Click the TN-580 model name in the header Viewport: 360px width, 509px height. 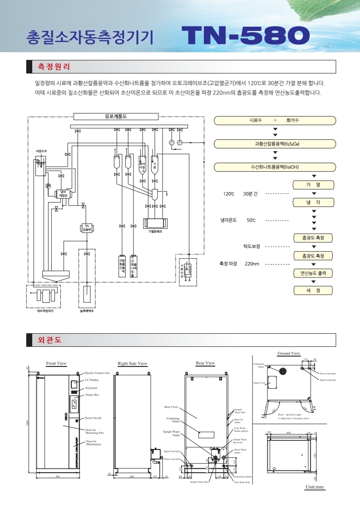point(245,35)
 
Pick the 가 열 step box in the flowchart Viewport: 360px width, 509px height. point(313,185)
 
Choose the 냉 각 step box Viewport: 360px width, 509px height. point(313,203)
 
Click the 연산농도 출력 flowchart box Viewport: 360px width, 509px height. point(313,273)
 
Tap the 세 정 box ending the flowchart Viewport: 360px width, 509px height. point(313,290)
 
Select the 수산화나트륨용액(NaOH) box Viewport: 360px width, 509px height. point(275,167)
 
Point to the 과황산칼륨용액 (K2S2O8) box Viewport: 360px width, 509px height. point(275,143)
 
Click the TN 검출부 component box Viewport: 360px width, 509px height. point(86,227)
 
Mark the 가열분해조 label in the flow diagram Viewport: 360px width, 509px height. point(155,231)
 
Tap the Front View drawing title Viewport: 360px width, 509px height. point(56,363)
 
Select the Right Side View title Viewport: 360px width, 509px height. point(133,363)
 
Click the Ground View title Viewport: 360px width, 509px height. point(289,353)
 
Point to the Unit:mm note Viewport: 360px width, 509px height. point(315,487)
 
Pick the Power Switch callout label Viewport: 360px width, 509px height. point(94,418)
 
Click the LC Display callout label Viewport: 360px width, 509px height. point(92,380)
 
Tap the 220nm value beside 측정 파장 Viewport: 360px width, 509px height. point(252,264)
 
